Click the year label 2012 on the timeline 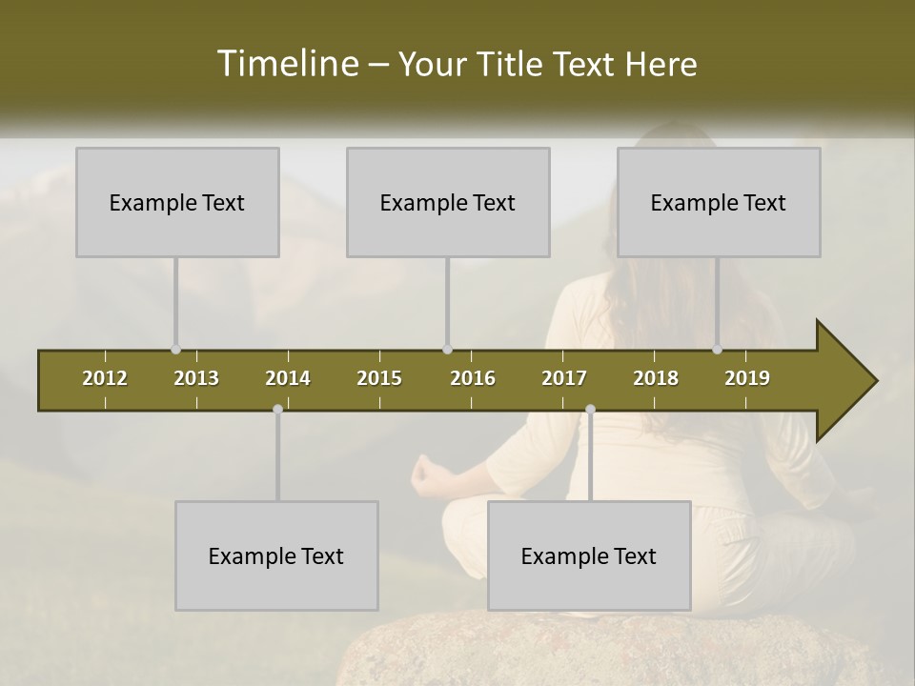(x=105, y=378)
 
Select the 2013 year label (x=196, y=378)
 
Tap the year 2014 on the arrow (x=288, y=378)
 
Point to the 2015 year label (x=379, y=378)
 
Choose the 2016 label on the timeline (x=473, y=378)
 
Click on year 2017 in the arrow (x=564, y=378)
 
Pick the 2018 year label (x=656, y=378)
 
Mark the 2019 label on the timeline (x=747, y=378)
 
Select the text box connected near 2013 (x=177, y=202)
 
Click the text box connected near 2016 (x=448, y=202)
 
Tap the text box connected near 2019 (x=719, y=202)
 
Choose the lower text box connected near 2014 (x=276, y=555)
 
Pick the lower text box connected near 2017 (x=589, y=555)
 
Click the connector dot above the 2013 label (x=175, y=350)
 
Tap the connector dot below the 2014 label (x=277, y=409)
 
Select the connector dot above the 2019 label (x=717, y=350)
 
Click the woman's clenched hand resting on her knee (x=425, y=471)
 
